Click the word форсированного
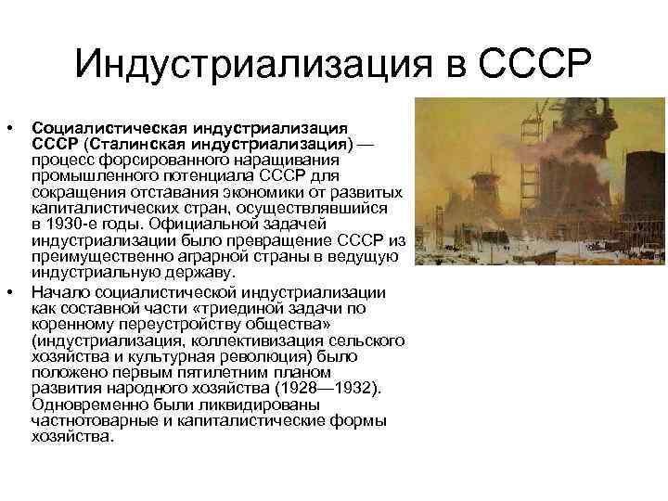[x=147, y=161]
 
